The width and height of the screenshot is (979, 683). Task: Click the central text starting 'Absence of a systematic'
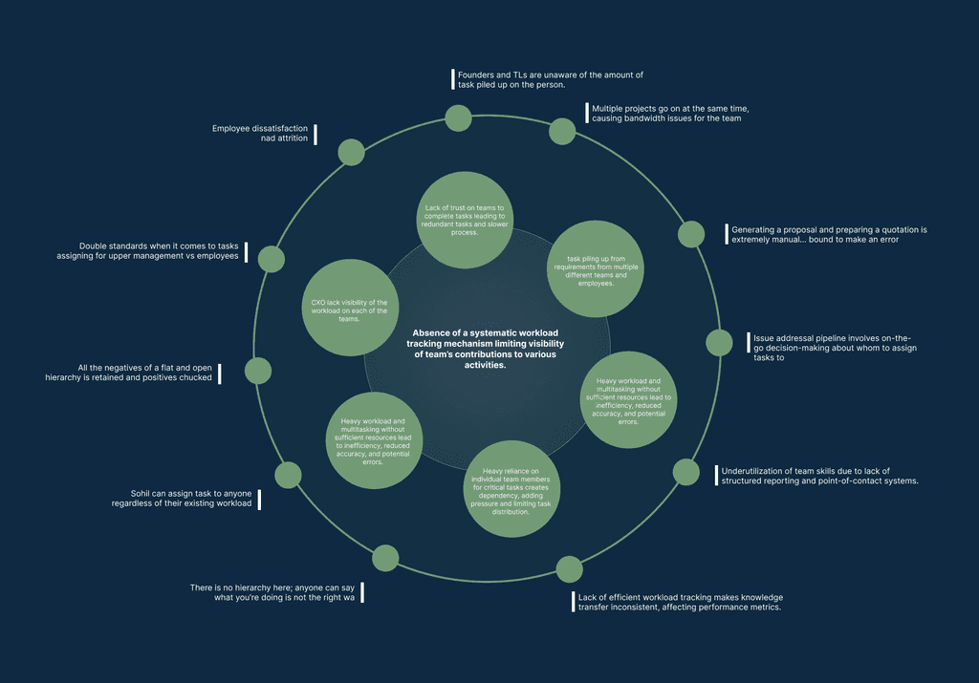468,346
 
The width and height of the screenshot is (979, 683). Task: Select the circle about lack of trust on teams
465,220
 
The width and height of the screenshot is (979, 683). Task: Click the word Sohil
141,494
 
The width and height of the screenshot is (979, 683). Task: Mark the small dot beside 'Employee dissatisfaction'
352,152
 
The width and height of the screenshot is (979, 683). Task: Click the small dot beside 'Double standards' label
272,259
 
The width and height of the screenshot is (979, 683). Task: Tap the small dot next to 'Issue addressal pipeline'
720,342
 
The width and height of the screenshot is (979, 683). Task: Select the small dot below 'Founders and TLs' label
459,118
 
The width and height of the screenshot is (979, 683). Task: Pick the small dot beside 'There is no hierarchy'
385,558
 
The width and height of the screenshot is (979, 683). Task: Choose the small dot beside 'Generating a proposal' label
691,234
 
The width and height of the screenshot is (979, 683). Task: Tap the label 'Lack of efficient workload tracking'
680,602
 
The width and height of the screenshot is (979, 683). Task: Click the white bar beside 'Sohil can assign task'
259,499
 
